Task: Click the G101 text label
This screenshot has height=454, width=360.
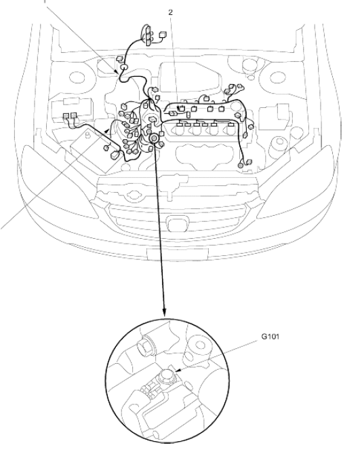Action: coord(271,337)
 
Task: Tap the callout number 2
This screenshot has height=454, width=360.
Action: coord(171,12)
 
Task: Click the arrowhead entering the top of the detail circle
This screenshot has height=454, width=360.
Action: coord(164,312)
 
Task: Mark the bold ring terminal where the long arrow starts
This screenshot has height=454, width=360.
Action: coord(153,138)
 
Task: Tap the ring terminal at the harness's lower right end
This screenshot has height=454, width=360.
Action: coord(241,166)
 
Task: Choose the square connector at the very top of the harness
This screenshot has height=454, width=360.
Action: coord(163,35)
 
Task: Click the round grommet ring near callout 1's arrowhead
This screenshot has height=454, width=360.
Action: coord(123,67)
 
